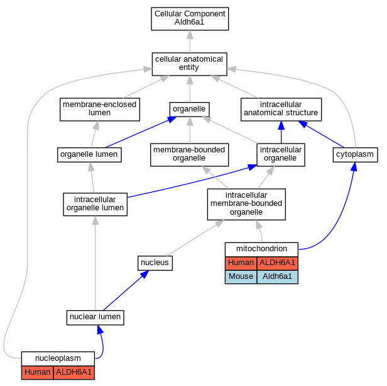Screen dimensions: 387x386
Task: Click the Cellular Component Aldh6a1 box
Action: point(190,19)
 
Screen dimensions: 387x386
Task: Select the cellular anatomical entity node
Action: point(189,64)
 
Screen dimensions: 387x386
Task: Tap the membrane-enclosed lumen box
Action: point(100,110)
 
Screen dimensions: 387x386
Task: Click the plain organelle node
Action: point(189,110)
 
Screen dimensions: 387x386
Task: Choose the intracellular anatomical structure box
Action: point(281,110)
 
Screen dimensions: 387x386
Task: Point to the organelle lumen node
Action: point(89,155)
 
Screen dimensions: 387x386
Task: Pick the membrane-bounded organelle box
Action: point(189,155)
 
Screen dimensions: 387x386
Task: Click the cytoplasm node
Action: point(355,155)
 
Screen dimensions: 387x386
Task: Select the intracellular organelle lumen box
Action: point(95,205)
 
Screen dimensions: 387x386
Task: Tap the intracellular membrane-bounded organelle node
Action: point(246,204)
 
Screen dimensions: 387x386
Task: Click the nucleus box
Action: point(155,263)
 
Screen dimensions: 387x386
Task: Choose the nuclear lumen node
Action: point(95,318)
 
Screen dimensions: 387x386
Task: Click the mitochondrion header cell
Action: point(261,249)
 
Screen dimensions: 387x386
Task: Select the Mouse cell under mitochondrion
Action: point(241,277)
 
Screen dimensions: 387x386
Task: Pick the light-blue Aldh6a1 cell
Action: point(278,277)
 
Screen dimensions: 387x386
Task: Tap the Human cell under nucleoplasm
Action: point(38,372)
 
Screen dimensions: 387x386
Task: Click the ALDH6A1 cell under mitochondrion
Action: point(278,263)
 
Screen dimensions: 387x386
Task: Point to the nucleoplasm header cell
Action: point(58,358)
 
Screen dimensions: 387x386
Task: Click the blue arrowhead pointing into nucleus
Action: point(144,274)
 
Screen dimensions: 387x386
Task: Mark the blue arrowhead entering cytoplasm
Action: point(354,166)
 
